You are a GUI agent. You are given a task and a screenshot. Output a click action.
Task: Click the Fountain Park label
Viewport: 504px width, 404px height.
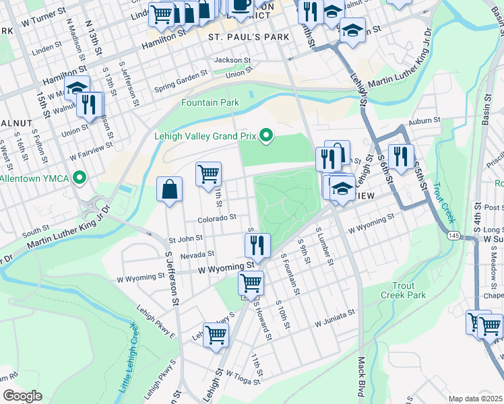coord(210,102)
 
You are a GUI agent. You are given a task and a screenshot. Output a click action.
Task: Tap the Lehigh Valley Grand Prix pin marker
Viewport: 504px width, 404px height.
coord(266,137)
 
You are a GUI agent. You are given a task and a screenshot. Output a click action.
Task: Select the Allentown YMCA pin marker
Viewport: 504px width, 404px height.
coord(80,178)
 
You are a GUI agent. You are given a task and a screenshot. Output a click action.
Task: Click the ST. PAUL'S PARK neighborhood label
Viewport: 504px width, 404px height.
coord(248,36)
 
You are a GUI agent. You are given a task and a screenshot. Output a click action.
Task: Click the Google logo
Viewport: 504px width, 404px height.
coord(23,396)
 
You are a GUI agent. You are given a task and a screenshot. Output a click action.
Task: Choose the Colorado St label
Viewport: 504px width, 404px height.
coord(216,218)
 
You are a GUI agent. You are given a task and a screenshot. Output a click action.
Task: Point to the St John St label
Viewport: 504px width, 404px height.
coord(186,238)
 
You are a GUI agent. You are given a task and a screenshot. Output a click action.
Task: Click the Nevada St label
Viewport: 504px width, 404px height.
coord(196,255)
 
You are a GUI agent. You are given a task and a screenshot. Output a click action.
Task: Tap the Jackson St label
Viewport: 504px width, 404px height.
coord(232,60)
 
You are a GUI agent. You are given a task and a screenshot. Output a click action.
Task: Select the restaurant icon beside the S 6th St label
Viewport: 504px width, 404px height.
coord(401,158)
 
